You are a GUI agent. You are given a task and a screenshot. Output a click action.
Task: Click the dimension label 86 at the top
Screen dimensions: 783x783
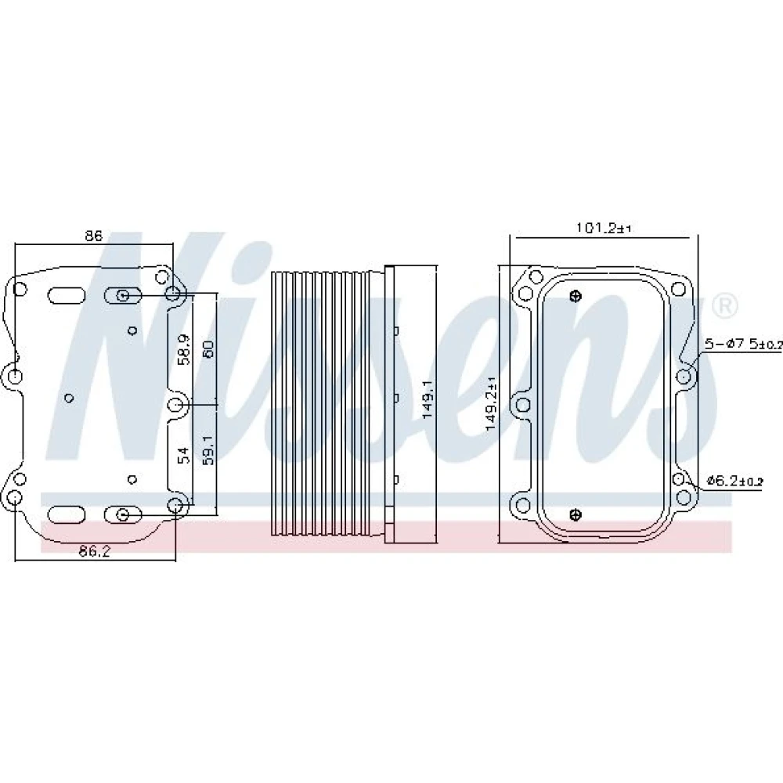coord(93,236)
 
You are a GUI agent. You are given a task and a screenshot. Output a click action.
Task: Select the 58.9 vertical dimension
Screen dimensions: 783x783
coord(184,349)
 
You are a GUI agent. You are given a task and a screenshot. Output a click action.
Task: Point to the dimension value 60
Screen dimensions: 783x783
coord(208,348)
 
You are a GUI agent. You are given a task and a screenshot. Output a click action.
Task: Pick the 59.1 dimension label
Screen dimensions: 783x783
coord(208,449)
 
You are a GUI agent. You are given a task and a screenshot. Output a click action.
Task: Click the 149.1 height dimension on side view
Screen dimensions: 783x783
coord(428,400)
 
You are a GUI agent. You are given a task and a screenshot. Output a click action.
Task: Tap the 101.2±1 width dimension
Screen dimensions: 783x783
coord(604,228)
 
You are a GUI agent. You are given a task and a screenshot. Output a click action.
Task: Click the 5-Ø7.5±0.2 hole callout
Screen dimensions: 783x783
coord(743,344)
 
